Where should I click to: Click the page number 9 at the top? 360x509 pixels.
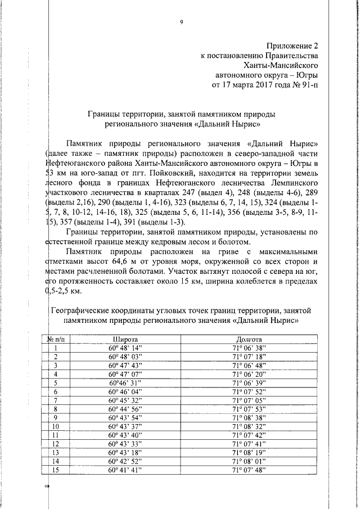coord(182,22)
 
